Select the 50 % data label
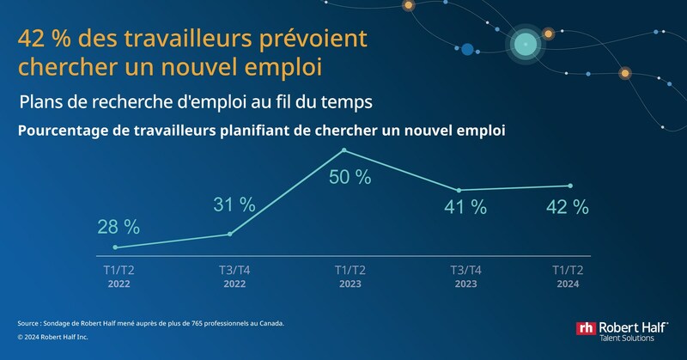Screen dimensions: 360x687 click(351, 178)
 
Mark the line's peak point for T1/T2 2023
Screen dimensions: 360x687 click(344, 150)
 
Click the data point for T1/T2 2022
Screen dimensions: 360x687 click(115, 247)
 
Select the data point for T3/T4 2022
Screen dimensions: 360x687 click(229, 234)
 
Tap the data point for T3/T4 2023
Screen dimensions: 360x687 click(459, 190)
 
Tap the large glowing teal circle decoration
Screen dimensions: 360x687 click(522, 41)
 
